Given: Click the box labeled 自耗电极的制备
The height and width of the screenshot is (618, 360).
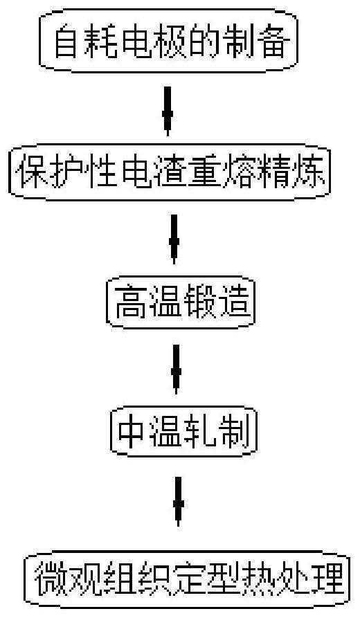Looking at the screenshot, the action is click(168, 42).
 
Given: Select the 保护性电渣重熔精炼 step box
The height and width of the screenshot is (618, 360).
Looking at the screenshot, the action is click(170, 172).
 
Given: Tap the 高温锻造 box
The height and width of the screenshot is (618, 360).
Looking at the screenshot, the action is click(181, 302).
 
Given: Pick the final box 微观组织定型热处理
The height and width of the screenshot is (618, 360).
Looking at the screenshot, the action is click(187, 581).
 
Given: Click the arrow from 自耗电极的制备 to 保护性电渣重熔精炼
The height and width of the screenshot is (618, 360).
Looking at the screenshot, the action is click(168, 111).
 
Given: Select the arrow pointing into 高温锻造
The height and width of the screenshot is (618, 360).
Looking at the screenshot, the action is click(174, 239).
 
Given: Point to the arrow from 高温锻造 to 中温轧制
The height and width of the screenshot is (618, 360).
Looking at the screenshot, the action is click(176, 369).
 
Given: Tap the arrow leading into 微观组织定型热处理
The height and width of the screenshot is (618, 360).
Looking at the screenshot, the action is click(178, 501).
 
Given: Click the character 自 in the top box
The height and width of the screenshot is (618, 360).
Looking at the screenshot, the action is click(66, 42).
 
